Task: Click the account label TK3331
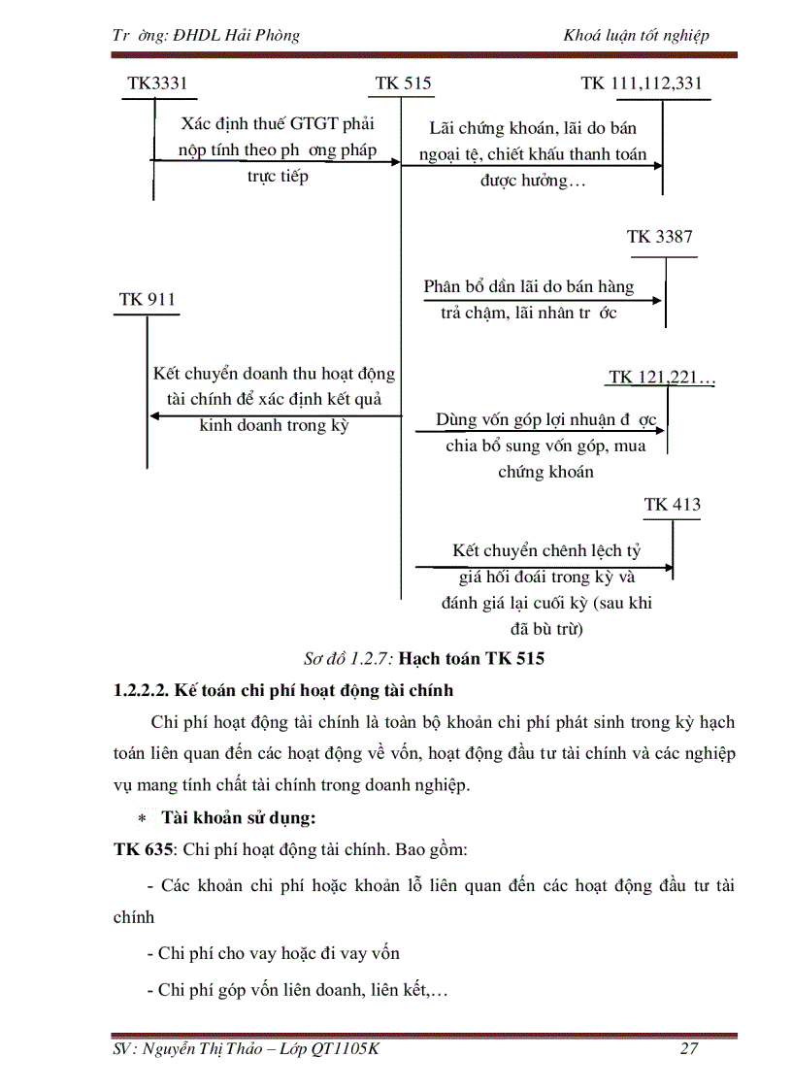(x=156, y=83)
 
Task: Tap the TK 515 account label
(x=403, y=83)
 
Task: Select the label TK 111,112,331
(x=642, y=83)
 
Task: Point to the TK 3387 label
(x=660, y=237)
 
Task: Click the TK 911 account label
(x=148, y=299)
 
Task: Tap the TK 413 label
(x=673, y=505)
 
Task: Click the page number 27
(x=689, y=1049)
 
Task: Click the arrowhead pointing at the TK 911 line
(x=153, y=416)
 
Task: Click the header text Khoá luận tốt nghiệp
(x=636, y=36)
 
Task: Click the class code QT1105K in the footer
(x=341, y=1049)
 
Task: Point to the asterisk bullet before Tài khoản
(x=141, y=818)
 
